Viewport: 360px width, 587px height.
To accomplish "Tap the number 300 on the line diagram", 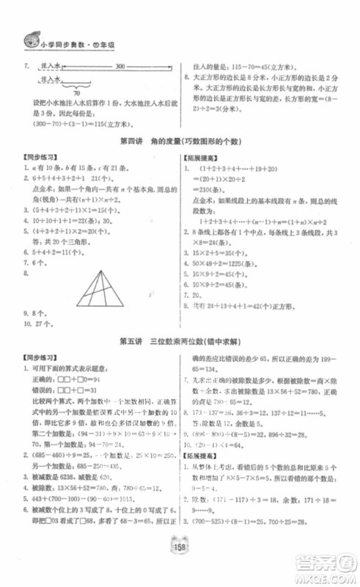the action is tap(119, 67).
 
